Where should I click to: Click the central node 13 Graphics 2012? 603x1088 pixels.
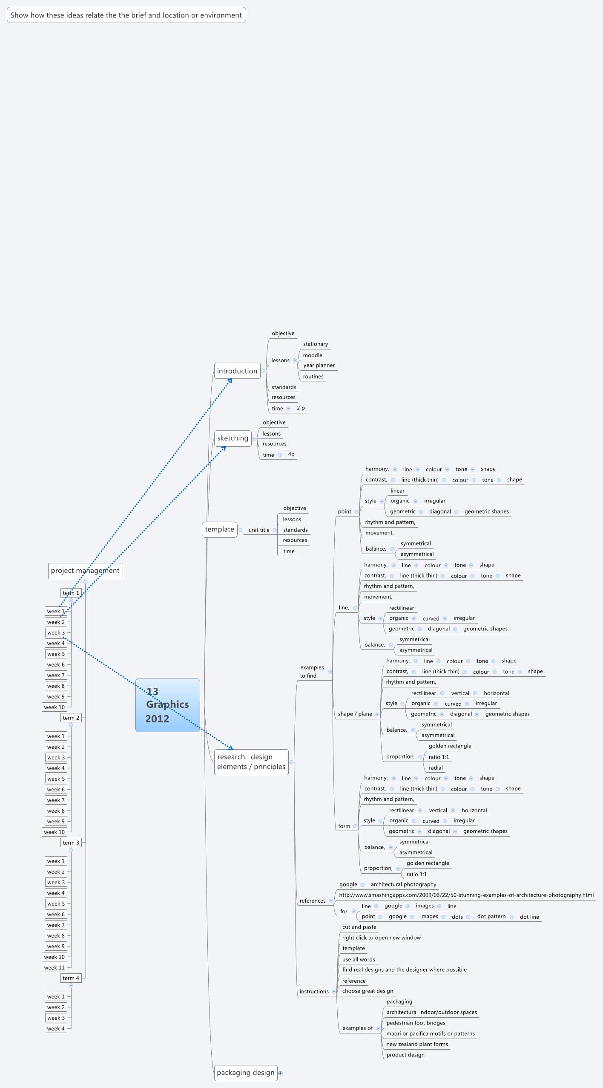tap(167, 705)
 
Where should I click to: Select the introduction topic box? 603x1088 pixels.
tap(237, 371)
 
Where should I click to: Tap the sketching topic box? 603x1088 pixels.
tap(233, 438)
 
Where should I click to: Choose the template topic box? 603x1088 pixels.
tap(219, 529)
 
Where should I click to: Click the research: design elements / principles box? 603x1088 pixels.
tap(251, 762)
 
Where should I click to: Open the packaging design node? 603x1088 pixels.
tap(245, 1073)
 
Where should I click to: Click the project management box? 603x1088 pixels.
tap(85, 571)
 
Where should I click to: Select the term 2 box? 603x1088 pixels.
tap(71, 718)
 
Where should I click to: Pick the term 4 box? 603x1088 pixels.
tap(71, 978)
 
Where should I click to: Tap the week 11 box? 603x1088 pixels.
tap(55, 967)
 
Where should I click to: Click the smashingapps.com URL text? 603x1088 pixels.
tap(466, 895)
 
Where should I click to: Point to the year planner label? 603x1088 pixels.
tap(319, 365)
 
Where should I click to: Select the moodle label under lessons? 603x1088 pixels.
tap(313, 355)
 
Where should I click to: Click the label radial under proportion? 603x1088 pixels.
tap(436, 768)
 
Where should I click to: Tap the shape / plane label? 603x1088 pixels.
tap(355, 714)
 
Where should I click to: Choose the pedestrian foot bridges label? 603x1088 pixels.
tap(416, 1023)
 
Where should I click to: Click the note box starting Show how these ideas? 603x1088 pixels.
tap(126, 15)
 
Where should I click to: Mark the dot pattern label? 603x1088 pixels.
tap(491, 916)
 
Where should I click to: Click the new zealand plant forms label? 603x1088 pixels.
tap(417, 1044)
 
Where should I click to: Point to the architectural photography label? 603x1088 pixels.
tap(403, 884)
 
